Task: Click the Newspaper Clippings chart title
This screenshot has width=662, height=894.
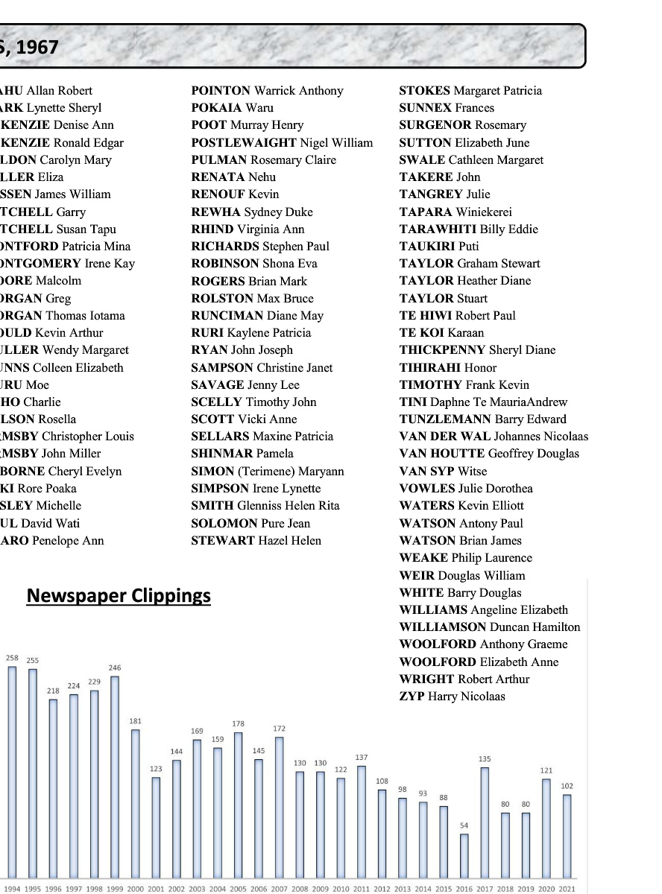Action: [119, 596]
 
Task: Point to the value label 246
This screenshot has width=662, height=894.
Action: [114, 668]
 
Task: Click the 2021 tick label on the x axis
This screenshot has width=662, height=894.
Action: [567, 889]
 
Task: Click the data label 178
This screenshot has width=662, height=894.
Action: [238, 724]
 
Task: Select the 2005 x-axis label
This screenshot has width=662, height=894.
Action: [238, 889]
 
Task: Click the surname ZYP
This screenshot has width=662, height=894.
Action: [412, 697]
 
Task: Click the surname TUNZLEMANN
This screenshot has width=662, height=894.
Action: [445, 419]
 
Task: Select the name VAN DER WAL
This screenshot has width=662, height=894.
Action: [445, 437]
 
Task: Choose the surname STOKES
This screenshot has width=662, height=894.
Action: [425, 91]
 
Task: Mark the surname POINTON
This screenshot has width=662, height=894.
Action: [221, 91]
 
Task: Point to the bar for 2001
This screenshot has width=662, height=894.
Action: [156, 826]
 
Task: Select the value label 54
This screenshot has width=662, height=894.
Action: [464, 825]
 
